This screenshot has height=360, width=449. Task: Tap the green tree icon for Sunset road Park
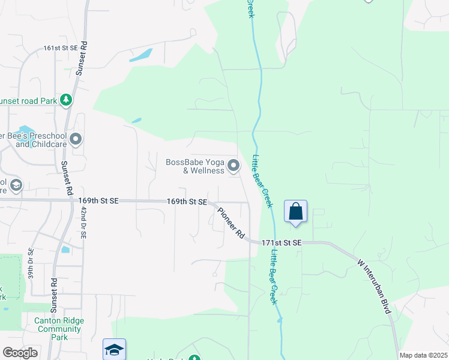point(66,100)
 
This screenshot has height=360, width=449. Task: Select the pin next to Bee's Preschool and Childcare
point(76,140)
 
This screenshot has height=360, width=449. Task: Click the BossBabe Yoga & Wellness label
point(195,166)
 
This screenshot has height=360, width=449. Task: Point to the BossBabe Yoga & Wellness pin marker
point(234,165)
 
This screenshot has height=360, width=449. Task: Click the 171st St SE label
point(281,242)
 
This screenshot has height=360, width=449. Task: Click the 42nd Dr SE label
point(83,224)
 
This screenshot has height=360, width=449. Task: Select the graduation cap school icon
point(114,349)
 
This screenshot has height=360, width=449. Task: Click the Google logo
point(20,353)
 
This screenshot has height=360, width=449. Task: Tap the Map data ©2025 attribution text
point(423,355)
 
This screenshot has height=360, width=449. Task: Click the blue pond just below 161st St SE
point(140,55)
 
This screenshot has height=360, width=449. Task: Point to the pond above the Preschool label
point(25,130)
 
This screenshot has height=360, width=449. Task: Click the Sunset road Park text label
point(28,101)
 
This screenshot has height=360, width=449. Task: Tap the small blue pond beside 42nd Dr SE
point(65,248)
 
